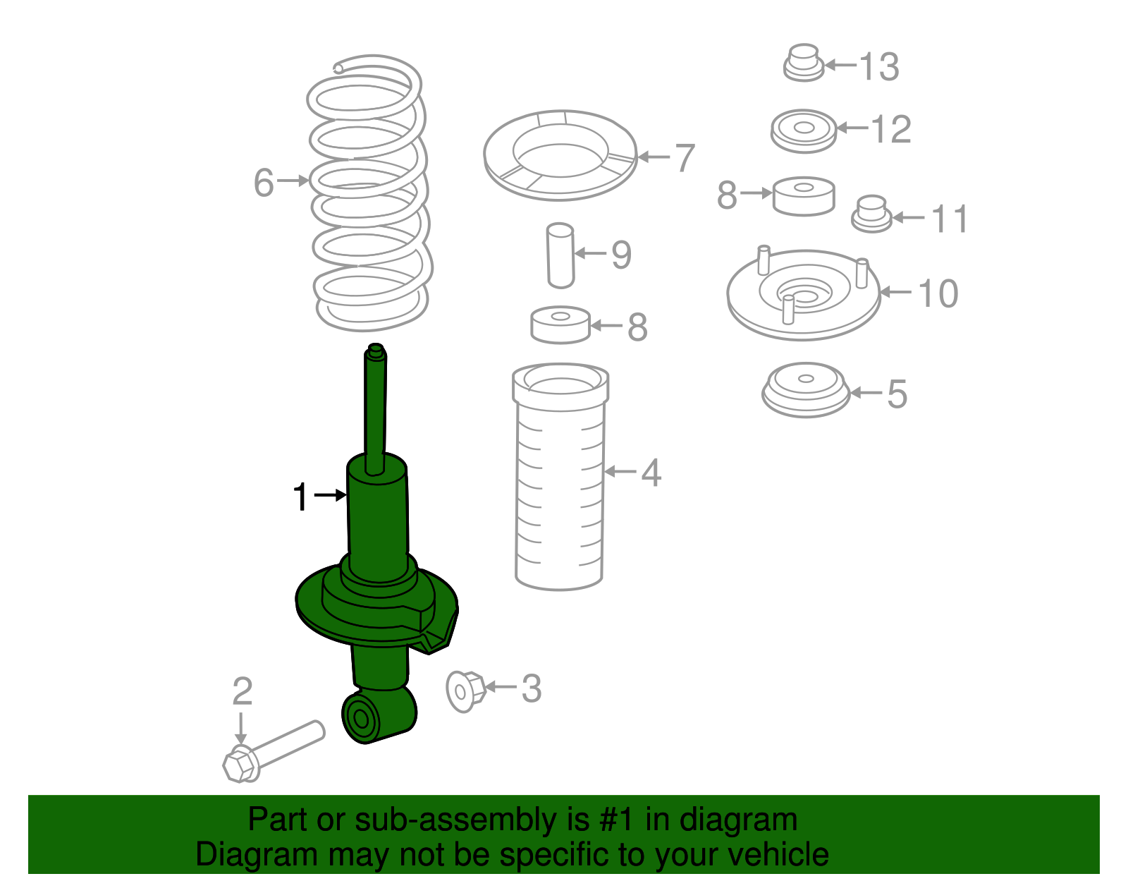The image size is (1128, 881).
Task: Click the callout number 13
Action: pos(879,67)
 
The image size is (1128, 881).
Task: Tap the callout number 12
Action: pos(891,129)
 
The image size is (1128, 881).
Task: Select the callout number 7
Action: pos(684,158)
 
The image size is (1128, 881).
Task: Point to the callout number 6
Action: pos(264,183)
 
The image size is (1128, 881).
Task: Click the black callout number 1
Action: pos(300,497)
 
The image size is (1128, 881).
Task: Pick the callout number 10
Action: pos(938,294)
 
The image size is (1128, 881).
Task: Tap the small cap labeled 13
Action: pos(804,63)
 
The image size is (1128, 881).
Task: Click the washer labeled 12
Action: pos(804,131)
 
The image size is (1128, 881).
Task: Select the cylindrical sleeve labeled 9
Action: pos(560,255)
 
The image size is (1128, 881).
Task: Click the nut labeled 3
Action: pos(465,691)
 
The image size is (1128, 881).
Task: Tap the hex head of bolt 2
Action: pos(241,763)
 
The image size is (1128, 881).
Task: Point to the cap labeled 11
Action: pos(871,214)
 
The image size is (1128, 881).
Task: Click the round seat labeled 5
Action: pos(806,390)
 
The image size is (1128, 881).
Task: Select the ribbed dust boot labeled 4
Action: pos(560,477)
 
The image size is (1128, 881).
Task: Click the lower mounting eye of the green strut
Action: pos(379,716)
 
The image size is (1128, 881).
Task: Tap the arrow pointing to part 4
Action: pos(620,471)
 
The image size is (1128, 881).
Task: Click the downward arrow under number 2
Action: pos(240,729)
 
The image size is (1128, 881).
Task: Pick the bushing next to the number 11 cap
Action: pos(804,196)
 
